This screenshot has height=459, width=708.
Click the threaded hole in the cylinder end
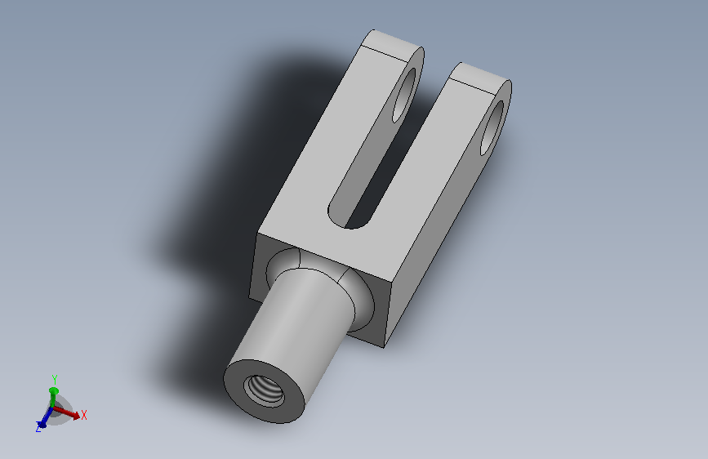coord(264,391)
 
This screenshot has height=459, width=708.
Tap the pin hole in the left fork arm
coord(404,95)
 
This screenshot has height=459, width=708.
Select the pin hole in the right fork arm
coord(492,128)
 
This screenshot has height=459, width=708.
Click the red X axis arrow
coord(67,412)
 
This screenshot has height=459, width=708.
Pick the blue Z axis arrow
coord(46,417)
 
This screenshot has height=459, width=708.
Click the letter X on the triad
coord(84,415)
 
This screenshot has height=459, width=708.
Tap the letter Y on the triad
coord(54,379)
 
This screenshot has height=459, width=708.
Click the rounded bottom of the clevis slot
coord(349,218)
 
